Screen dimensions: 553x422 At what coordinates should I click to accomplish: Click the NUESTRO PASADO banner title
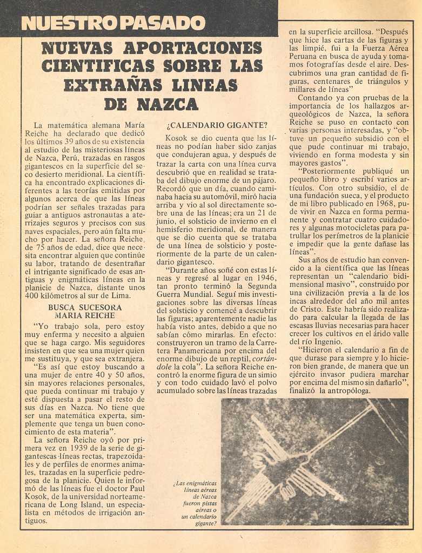point(113,23)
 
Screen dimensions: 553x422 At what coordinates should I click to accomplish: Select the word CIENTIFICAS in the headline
point(98,66)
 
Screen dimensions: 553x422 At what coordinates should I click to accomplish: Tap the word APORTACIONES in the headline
point(192,48)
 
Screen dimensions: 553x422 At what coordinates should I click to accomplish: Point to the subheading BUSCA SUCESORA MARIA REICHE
point(85,311)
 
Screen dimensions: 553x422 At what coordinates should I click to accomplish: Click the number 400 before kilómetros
point(33,295)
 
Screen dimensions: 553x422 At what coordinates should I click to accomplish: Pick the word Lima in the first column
point(120,295)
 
